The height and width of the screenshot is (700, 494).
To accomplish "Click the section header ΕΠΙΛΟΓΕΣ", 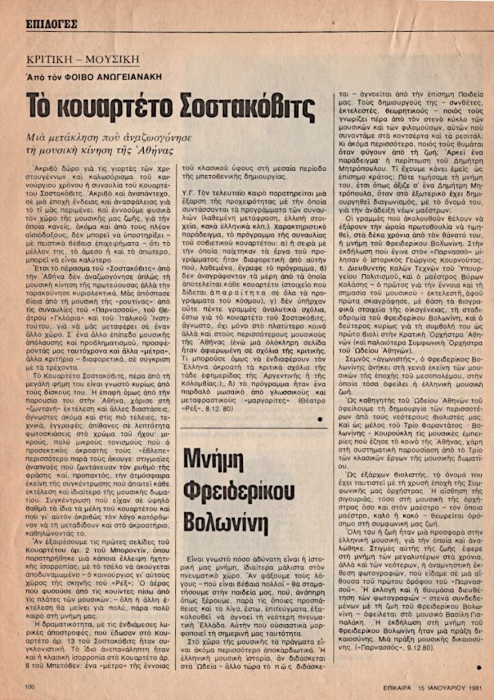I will [x=52, y=23].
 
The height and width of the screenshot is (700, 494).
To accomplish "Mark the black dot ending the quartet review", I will [x=320, y=399].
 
